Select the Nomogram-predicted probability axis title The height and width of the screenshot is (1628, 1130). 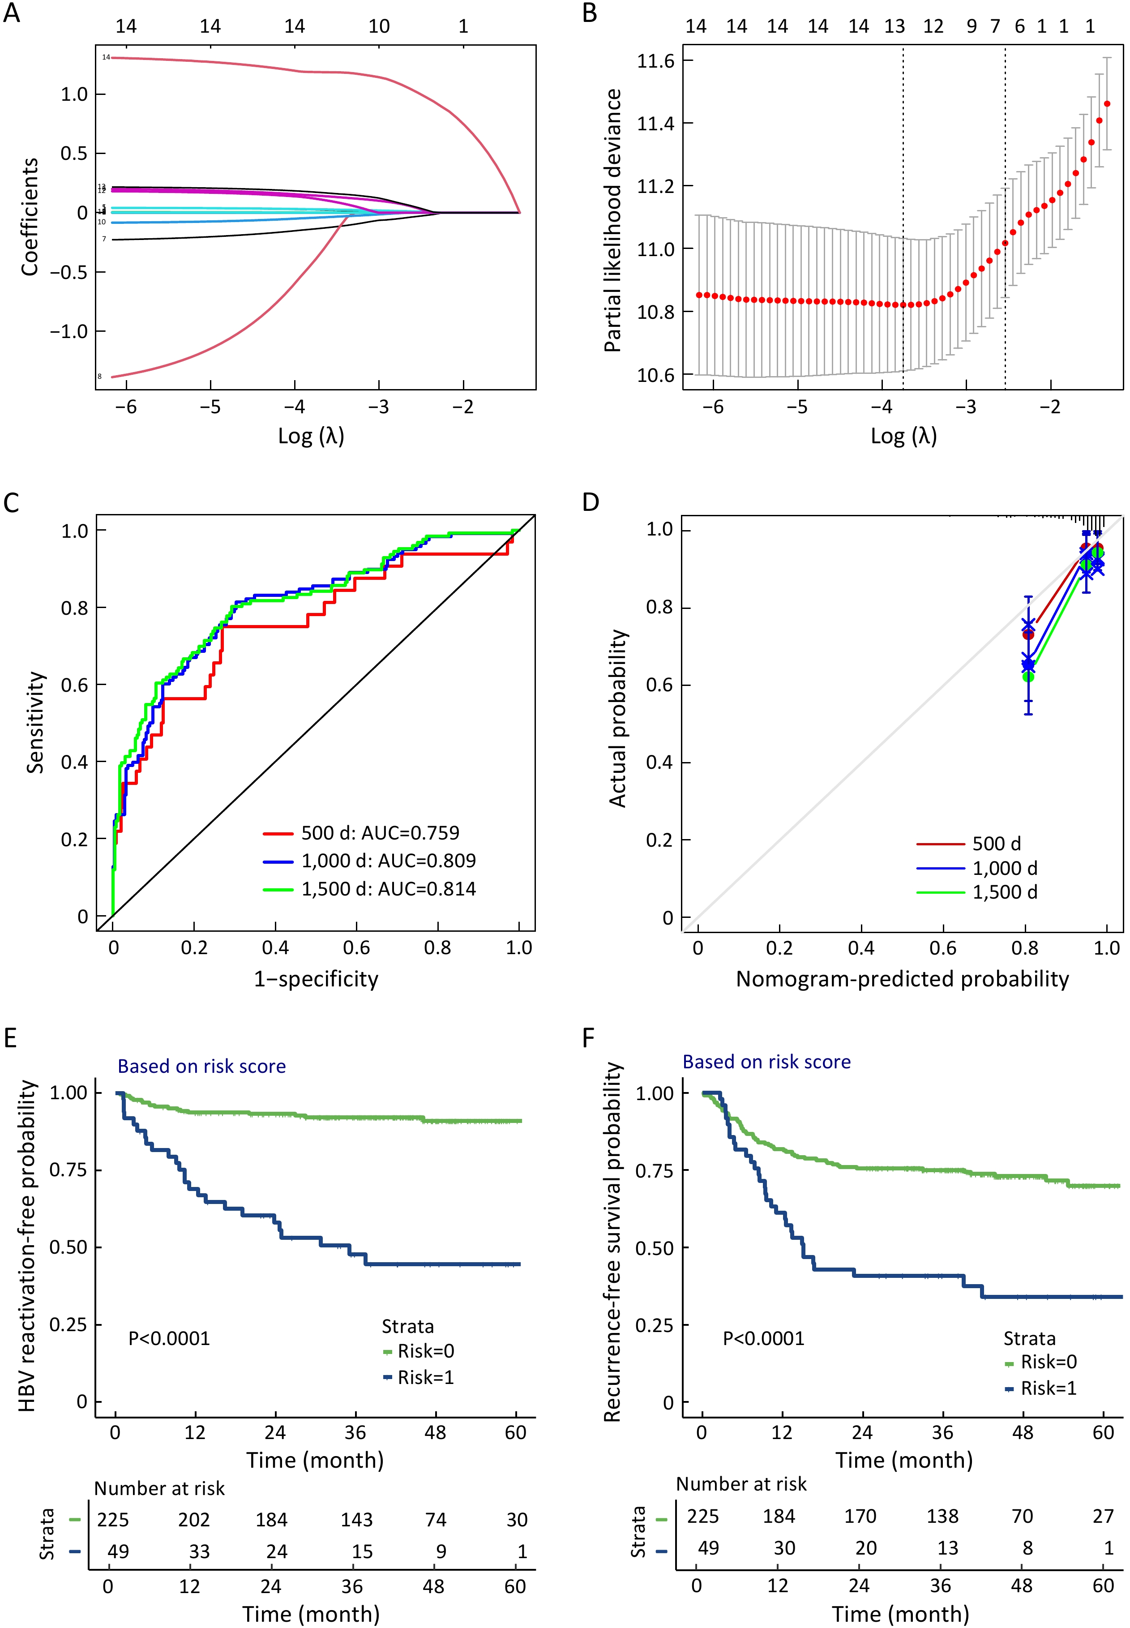click(902, 979)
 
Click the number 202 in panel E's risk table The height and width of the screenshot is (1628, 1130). click(194, 1520)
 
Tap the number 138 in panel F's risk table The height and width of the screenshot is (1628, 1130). click(942, 1516)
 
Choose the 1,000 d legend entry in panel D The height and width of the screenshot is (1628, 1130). click(1005, 868)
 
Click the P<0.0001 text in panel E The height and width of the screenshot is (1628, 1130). click(169, 1338)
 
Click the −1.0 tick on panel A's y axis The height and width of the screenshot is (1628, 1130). click(68, 331)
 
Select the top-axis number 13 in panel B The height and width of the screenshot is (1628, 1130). click(894, 26)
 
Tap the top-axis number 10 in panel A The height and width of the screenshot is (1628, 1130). click(379, 26)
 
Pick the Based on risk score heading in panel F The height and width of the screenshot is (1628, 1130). click(766, 1062)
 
